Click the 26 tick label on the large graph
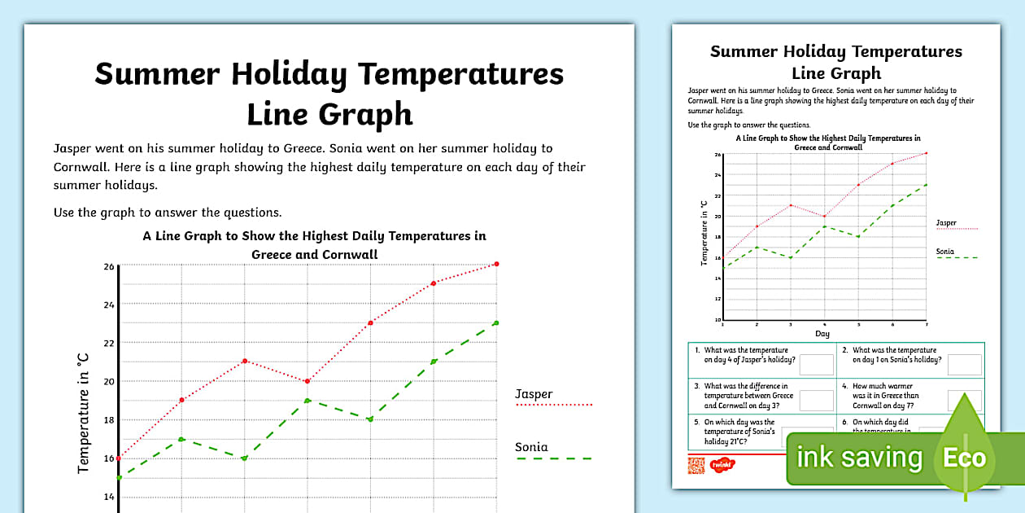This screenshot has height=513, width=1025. pos(108,266)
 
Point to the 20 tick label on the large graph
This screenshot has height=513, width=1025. pos(108,381)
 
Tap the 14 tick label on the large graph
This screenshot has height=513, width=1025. pos(108,496)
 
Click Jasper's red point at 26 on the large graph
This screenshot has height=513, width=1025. pos(496,264)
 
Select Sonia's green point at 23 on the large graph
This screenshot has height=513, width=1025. pos(496,323)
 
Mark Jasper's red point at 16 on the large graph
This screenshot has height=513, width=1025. pos(120,458)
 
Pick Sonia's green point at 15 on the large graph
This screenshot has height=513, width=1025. pos(120,477)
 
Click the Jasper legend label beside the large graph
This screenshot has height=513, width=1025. pos(534,394)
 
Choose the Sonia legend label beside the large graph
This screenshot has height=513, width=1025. pos(531,447)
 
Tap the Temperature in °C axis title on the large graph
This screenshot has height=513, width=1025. pos(83,414)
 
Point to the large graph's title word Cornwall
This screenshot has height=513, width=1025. pos(342,254)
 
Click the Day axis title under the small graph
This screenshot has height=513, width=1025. pos(823,334)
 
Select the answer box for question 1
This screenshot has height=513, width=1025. pos(817,365)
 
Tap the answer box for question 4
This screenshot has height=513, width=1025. pos(965,401)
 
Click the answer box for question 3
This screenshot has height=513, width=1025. pos(817,401)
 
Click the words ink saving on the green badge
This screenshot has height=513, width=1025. pos(859,458)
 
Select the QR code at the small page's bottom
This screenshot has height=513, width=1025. pos(696,465)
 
